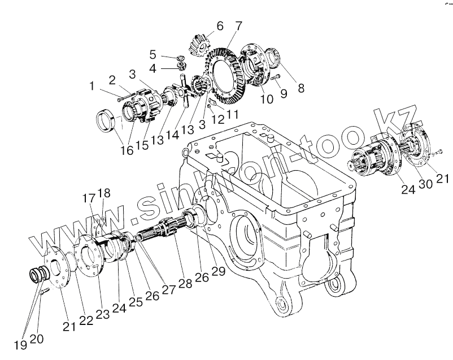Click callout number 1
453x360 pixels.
click(92, 86)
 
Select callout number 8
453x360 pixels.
click(300, 88)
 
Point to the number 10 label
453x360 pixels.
click(266, 99)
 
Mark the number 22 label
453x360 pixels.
click(86, 319)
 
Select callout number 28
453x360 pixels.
click(185, 283)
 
